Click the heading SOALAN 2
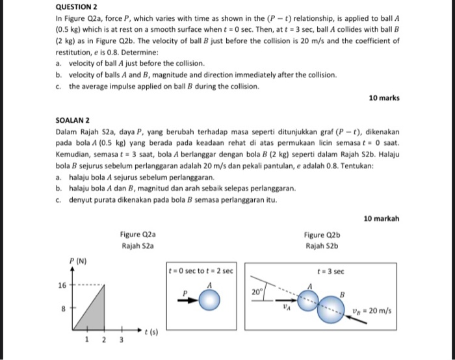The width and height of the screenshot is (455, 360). [74, 121]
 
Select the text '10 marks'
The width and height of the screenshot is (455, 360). [384, 98]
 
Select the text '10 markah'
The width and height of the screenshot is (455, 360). [382, 219]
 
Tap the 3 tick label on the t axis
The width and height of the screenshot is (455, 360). [120, 339]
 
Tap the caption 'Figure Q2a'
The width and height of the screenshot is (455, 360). [138, 235]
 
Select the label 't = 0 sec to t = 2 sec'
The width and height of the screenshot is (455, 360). [201, 270]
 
